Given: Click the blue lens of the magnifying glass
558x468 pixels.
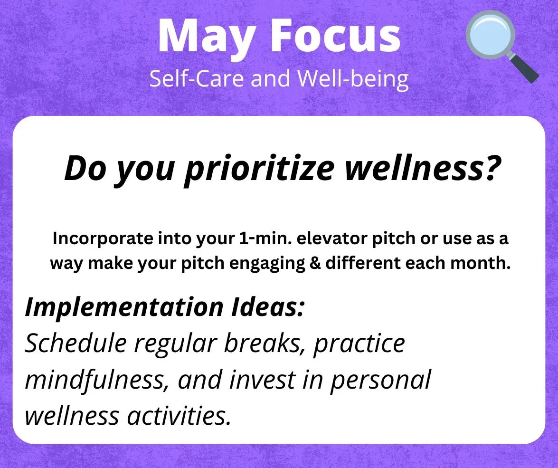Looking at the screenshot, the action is click(x=491, y=35).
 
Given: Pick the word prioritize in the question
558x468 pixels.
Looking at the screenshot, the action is click(x=260, y=169).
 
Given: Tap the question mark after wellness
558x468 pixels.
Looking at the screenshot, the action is click(x=492, y=167).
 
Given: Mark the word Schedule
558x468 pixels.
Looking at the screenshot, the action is click(x=76, y=343).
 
